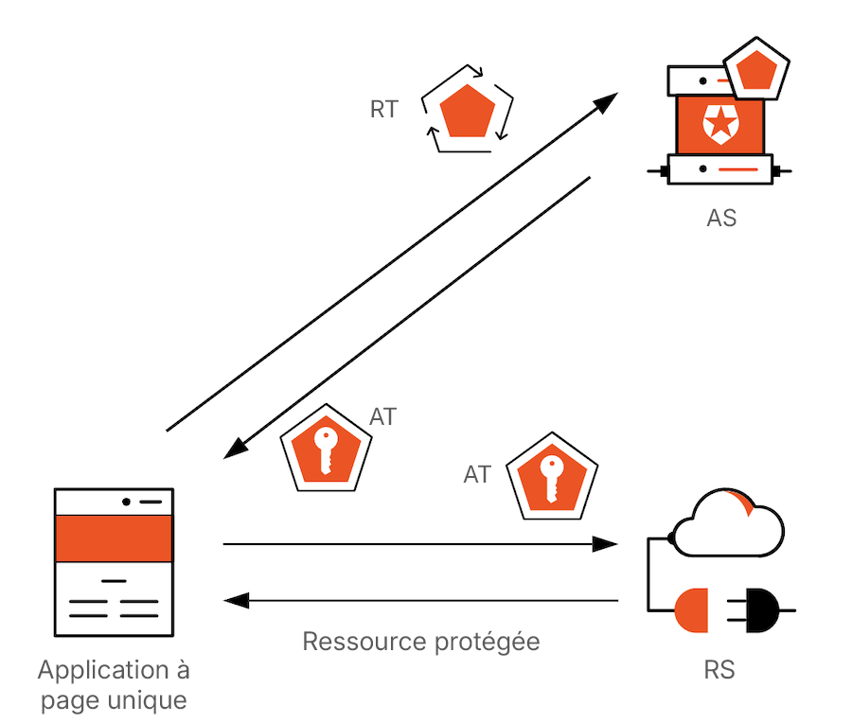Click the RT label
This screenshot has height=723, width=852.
[383, 110]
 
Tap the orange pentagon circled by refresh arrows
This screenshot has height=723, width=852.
[467, 111]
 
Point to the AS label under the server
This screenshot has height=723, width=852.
[721, 218]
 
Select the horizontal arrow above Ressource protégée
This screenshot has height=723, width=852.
[420, 600]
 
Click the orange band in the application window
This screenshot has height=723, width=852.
[114, 538]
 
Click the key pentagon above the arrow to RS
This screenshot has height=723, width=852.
[553, 476]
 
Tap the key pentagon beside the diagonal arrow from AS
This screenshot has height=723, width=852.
[326, 450]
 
